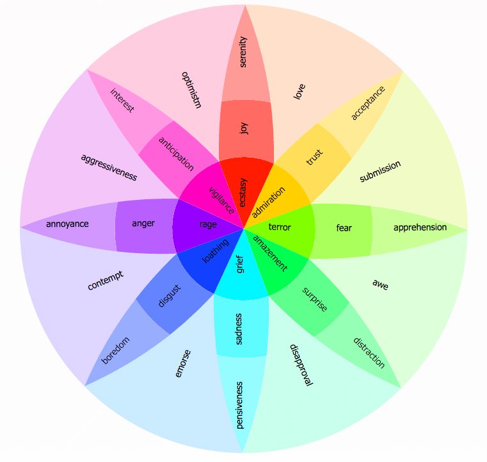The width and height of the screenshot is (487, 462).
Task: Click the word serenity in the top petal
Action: (x=243, y=52)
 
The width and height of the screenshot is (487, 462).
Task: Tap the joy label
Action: (x=244, y=128)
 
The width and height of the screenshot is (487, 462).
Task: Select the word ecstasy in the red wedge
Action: (x=243, y=192)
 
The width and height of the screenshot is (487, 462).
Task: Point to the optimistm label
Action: (x=191, y=90)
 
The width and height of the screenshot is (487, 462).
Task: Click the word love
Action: (x=299, y=92)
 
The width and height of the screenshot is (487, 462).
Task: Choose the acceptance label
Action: (x=368, y=103)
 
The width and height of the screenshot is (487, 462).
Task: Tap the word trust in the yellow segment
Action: (x=315, y=158)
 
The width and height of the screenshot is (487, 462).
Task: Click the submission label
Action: (x=380, y=171)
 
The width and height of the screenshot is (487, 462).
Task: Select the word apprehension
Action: (x=420, y=227)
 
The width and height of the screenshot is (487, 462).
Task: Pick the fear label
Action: (x=344, y=228)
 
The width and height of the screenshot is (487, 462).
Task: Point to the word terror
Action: (x=280, y=227)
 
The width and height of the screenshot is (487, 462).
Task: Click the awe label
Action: (x=381, y=285)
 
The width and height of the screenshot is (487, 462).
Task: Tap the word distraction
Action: (x=369, y=353)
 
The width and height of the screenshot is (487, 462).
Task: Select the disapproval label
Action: (x=301, y=365)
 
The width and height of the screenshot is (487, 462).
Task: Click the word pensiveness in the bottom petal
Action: (x=239, y=405)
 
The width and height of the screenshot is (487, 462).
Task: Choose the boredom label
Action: (x=115, y=351)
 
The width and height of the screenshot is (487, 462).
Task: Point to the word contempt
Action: (x=106, y=281)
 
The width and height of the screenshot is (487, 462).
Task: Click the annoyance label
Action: (x=67, y=224)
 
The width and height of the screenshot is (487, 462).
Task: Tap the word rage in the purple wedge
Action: (x=208, y=224)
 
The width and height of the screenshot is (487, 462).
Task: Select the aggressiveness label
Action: (x=109, y=168)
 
